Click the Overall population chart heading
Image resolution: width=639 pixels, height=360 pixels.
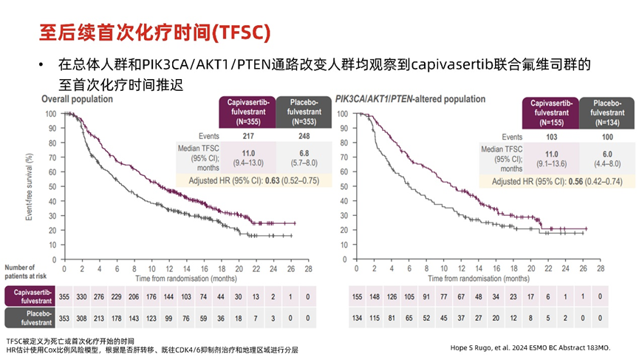click(x=77, y=98)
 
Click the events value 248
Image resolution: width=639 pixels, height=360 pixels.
click(x=304, y=137)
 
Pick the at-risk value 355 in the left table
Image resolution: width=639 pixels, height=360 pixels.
click(x=65, y=296)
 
